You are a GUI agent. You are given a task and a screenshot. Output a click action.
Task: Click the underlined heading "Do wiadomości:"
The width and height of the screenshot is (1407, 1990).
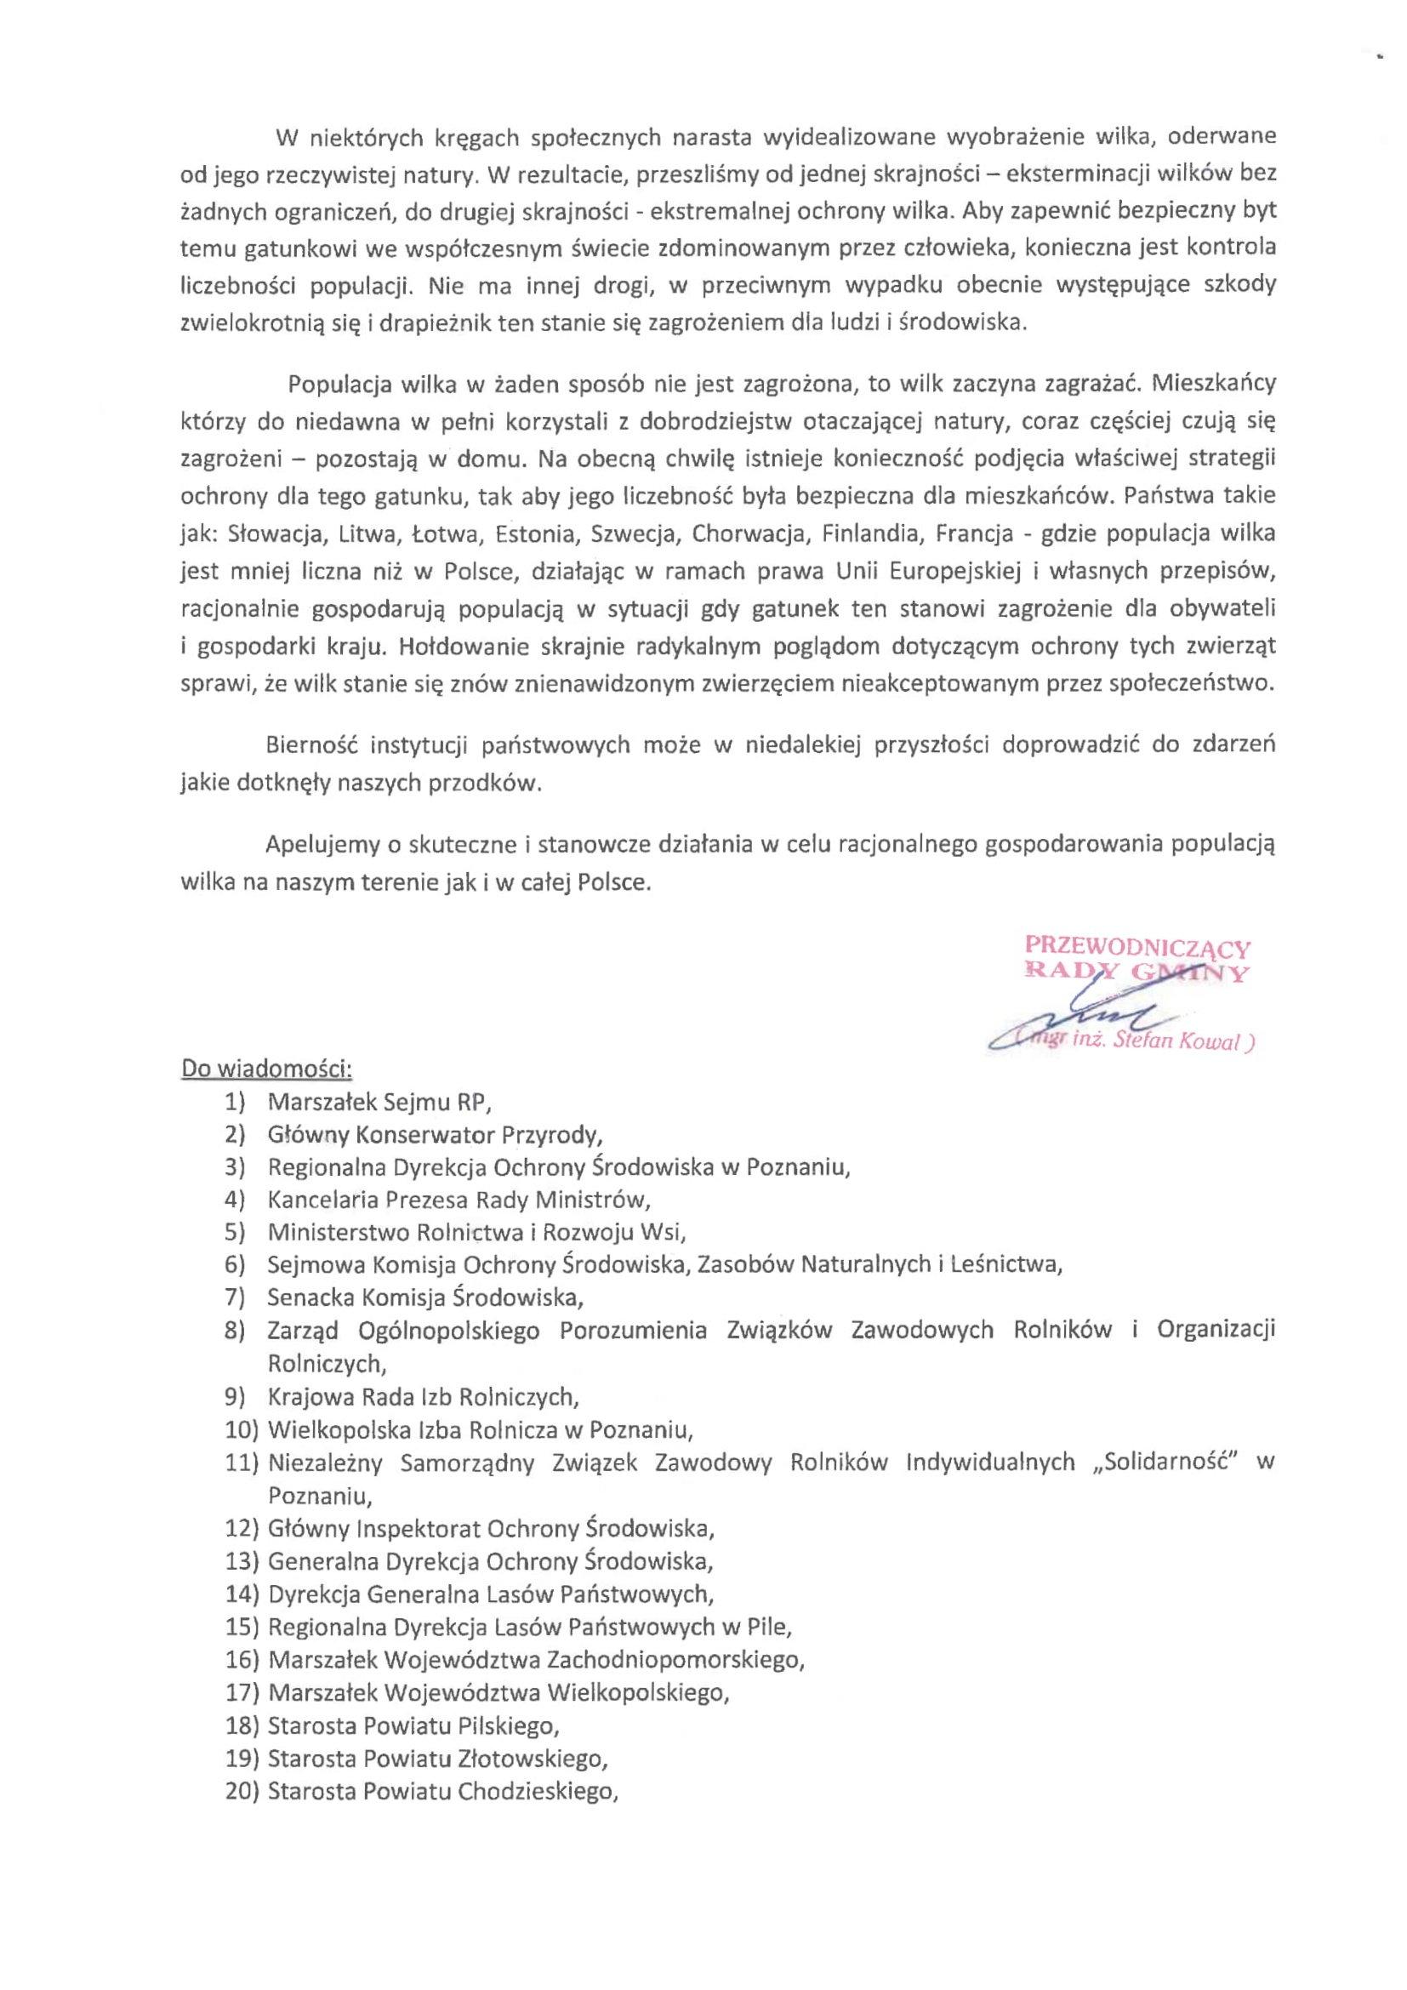(x=266, y=1069)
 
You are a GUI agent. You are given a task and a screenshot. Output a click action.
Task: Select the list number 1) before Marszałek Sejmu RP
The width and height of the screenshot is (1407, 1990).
(x=235, y=1103)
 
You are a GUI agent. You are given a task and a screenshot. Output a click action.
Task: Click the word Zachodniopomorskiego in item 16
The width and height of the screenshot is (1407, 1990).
(x=675, y=1660)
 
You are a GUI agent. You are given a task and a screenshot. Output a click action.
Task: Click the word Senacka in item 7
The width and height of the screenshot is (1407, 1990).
(x=310, y=1298)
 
